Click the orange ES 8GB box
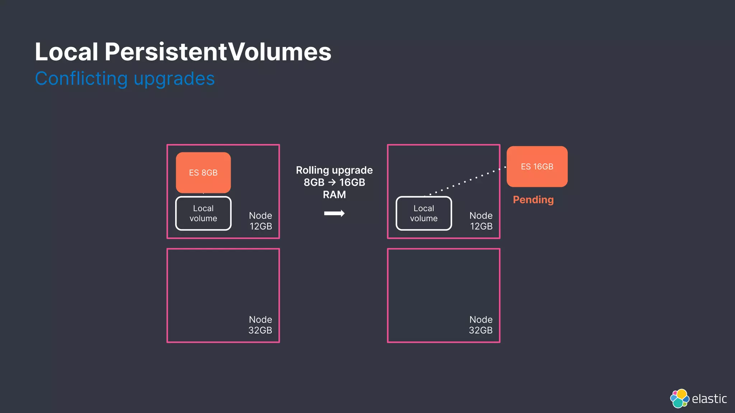(x=203, y=172)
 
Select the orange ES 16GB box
(x=537, y=166)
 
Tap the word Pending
(x=533, y=200)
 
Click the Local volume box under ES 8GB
(x=203, y=213)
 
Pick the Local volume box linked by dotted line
(x=423, y=213)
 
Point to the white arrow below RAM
(x=334, y=214)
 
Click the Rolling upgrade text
(x=334, y=170)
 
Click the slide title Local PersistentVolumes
(x=183, y=52)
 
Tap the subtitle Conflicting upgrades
(x=125, y=79)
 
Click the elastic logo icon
(x=679, y=398)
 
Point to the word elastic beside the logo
(x=709, y=399)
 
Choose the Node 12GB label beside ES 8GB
(x=261, y=221)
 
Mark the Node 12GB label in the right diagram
(x=481, y=221)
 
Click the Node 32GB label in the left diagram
(x=261, y=325)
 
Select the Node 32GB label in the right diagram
(x=481, y=325)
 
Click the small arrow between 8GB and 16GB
(x=332, y=182)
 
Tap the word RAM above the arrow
(x=334, y=195)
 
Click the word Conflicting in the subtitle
(x=81, y=79)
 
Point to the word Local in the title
(x=66, y=52)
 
